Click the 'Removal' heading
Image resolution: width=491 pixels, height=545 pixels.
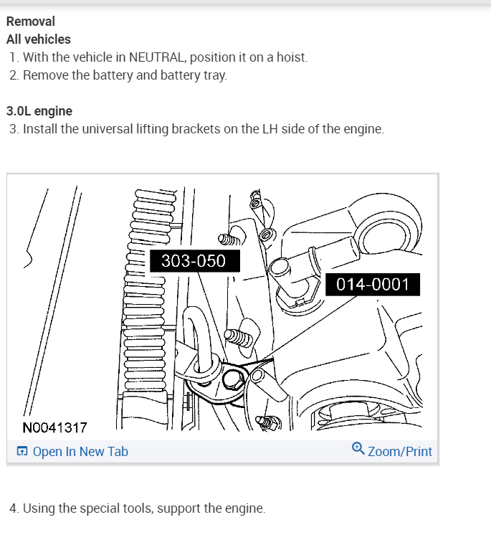click(x=31, y=22)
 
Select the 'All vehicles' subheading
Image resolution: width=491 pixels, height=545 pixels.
click(x=39, y=39)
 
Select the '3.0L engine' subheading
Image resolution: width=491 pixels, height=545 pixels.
click(x=39, y=111)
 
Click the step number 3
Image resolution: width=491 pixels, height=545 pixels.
click(x=14, y=130)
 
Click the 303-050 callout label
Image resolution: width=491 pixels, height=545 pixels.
click(x=194, y=261)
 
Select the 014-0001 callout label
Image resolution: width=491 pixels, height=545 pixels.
click(x=372, y=284)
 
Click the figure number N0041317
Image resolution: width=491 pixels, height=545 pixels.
click(x=54, y=428)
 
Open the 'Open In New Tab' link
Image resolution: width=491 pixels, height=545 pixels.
click(x=80, y=452)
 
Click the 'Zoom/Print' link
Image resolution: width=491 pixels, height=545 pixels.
click(x=399, y=452)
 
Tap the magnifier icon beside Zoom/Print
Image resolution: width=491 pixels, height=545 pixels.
click(x=358, y=449)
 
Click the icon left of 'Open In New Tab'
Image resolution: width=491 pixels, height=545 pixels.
click(x=22, y=452)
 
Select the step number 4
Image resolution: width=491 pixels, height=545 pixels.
click(x=14, y=508)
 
